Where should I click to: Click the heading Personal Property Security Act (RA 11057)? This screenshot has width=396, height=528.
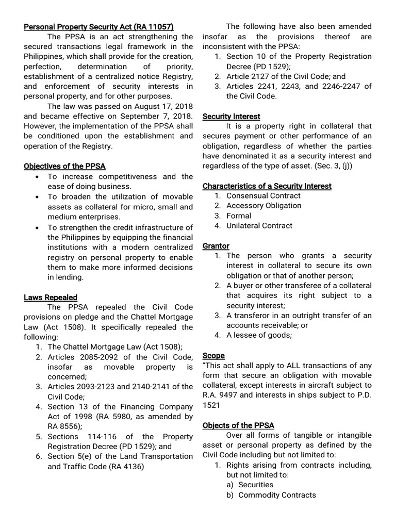point(98,27)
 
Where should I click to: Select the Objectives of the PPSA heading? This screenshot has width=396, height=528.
point(64,166)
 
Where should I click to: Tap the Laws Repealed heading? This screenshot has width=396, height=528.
point(51,297)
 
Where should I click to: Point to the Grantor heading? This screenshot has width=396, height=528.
point(216,246)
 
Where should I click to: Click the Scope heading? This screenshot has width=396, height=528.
point(213,356)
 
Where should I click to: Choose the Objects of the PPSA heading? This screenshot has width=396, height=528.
point(238,425)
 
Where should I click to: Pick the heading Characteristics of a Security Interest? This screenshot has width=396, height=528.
point(267,186)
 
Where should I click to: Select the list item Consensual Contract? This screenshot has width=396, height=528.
point(263,196)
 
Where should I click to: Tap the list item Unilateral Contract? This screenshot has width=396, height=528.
point(259,226)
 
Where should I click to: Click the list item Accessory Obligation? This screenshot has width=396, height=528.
point(264,206)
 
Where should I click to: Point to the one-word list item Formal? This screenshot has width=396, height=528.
point(239,216)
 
